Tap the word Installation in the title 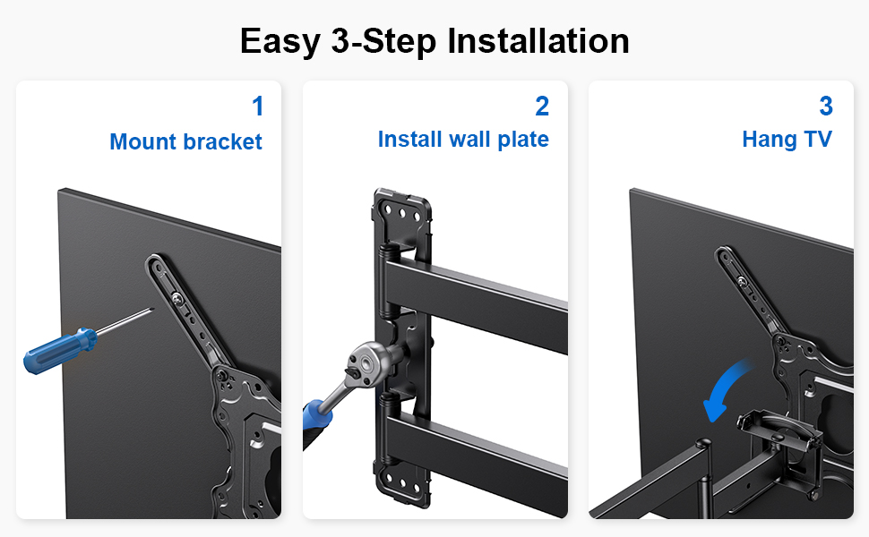[x=538, y=41]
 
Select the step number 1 [x=258, y=107]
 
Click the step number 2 [x=542, y=107]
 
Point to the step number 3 [x=826, y=107]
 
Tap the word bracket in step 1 [x=223, y=141]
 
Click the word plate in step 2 [x=523, y=140]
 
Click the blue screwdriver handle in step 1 [x=60, y=351]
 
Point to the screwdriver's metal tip [x=152, y=310]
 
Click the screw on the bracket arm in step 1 [x=177, y=299]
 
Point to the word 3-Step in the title [x=383, y=41]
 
